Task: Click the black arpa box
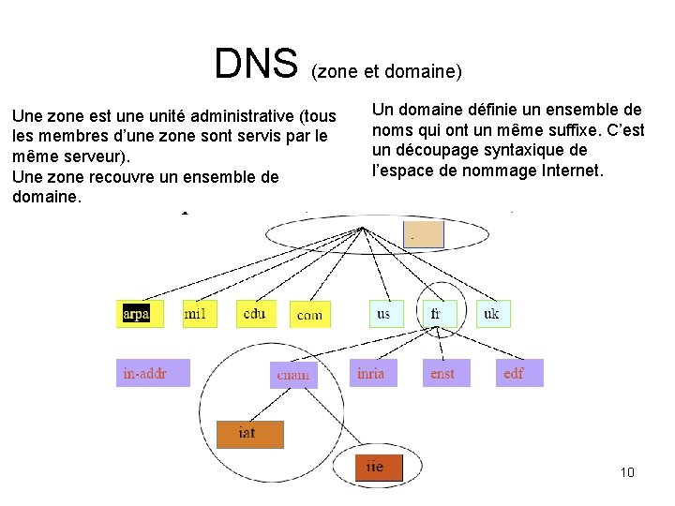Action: click(137, 314)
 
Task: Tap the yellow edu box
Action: click(255, 314)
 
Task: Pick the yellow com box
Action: click(309, 315)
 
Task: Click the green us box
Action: click(384, 314)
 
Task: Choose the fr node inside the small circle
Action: click(437, 314)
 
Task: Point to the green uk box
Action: click(493, 314)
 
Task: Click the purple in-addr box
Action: click(152, 373)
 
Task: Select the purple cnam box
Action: click(293, 375)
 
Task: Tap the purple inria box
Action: click(372, 373)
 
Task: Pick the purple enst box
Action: click(444, 373)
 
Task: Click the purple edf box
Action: click(517, 373)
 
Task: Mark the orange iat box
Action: click(248, 433)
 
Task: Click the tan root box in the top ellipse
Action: click(423, 233)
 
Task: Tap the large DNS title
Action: click(255, 64)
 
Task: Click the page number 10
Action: click(627, 471)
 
